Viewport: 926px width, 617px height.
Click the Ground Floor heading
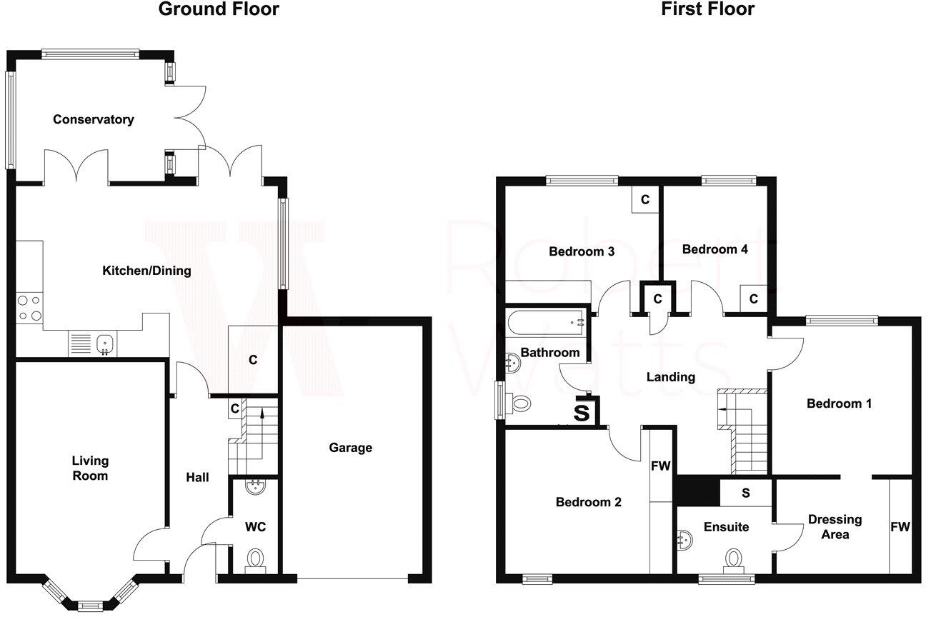pyautogui.click(x=218, y=9)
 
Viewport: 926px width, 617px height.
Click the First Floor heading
pyautogui.click(x=707, y=9)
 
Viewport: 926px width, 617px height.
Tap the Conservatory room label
pyautogui.click(x=93, y=120)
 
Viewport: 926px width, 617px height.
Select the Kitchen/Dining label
pyautogui.click(x=147, y=271)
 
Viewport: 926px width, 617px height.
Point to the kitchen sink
pyautogui.click(x=105, y=343)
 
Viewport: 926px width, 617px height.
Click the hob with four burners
pyautogui.click(x=29, y=308)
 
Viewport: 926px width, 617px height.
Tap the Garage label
pyautogui.click(x=350, y=448)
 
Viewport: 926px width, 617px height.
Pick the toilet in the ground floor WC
pyautogui.click(x=254, y=559)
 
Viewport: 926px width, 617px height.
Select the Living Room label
pyautogui.click(x=90, y=468)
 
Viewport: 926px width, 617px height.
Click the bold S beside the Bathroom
pyautogui.click(x=582, y=413)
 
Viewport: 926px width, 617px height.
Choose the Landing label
pyautogui.click(x=670, y=377)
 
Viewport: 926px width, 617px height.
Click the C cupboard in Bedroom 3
pyautogui.click(x=644, y=200)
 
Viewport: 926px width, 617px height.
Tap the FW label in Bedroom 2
pyautogui.click(x=660, y=466)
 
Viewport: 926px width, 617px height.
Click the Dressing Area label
pyautogui.click(x=835, y=526)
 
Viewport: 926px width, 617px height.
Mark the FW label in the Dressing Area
pyautogui.click(x=900, y=527)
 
